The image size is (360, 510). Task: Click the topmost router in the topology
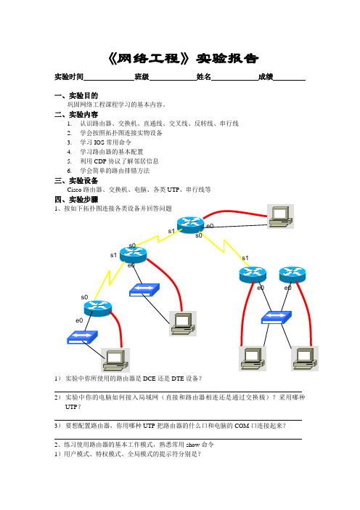pos(190,224)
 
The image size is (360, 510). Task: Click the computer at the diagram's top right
pos(280,216)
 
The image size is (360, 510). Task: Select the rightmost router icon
pos(292,275)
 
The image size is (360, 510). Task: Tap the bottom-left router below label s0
pos(97,308)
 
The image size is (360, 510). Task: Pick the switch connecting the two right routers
pos(277,317)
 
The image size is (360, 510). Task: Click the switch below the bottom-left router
pos(82,337)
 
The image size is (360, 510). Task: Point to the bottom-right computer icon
pos(305,358)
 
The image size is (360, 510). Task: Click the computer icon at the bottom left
pos(115,360)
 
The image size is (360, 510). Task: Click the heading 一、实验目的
pos(76,96)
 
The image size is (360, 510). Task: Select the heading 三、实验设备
pos(76,180)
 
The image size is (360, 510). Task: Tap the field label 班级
pos(142,77)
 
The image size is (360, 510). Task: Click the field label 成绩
pos(266,77)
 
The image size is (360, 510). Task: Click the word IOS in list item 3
pos(99,142)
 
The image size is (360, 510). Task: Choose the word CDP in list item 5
pos(100,161)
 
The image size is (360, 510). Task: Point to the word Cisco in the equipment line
pos(75,190)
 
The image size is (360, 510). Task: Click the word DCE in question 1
pos(150,379)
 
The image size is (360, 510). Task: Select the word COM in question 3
pos(242,426)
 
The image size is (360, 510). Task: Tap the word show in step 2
pos(193,445)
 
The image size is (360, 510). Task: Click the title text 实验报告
pos(227,59)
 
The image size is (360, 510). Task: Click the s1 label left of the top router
pos(171,231)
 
